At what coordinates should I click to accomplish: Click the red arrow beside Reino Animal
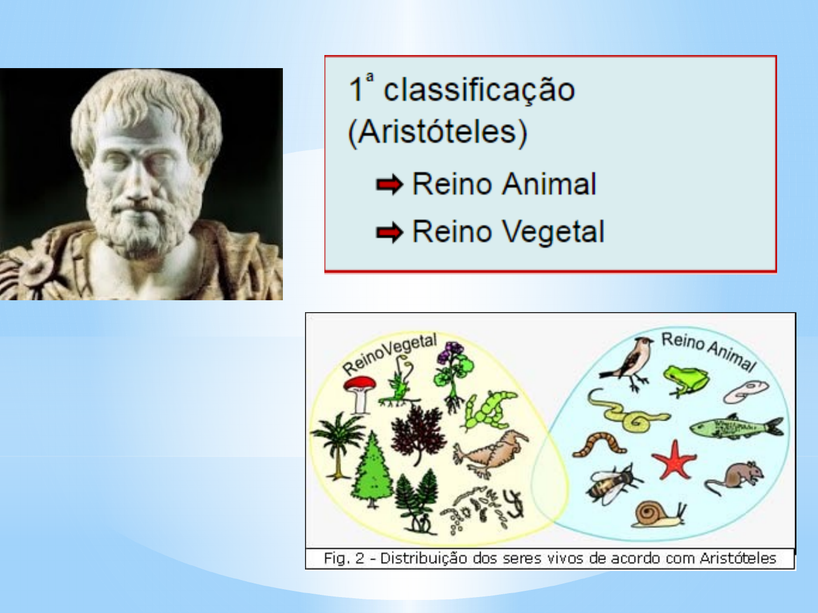[389, 184]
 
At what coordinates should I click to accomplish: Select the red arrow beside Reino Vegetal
[389, 232]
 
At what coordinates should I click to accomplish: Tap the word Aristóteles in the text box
[437, 132]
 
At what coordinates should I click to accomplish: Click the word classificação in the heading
[479, 90]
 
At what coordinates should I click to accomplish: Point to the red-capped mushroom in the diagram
[359, 392]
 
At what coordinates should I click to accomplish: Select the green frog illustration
[686, 380]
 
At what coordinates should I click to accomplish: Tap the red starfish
[674, 460]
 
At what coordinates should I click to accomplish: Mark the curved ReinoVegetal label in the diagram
[390, 354]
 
